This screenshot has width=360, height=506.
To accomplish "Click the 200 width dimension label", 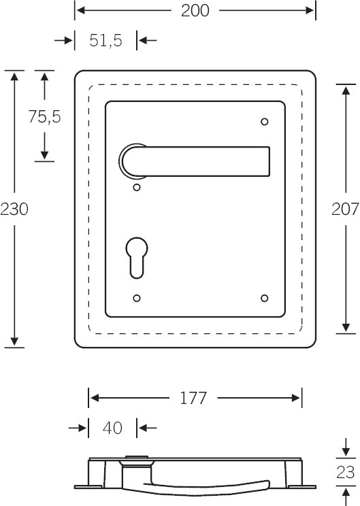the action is tap(195, 11).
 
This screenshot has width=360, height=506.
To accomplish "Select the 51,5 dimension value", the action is tap(106, 41).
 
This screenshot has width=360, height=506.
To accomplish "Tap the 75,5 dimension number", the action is tap(44, 116).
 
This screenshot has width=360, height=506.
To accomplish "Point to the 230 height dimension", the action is tap(14, 209).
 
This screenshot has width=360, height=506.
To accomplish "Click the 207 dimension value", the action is tap(346, 209).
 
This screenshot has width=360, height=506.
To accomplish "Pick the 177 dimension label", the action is tap(193, 398).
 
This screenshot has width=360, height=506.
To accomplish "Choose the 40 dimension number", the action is tap(113, 428).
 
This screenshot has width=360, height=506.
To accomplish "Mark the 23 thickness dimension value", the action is tap(346, 473).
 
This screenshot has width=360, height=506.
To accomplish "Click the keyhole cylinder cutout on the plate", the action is tap(137, 258).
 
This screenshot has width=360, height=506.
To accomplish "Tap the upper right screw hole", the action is tap(265, 122).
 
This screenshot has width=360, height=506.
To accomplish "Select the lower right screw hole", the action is tap(265, 298).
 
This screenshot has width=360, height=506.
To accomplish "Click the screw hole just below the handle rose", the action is tap(137, 188).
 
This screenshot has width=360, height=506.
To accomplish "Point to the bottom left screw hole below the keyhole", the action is tap(137, 298).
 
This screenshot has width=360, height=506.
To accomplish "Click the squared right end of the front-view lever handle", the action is tap(269, 162).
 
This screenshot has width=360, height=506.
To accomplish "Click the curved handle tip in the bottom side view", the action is tap(267, 484).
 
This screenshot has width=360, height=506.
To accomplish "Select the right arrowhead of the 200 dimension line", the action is tap(310, 11).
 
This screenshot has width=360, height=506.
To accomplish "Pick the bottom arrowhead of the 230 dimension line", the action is tap(14, 341).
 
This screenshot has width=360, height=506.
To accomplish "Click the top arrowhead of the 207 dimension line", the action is tap(346, 90).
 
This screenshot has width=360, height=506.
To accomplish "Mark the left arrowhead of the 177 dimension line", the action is tap(94, 398).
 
